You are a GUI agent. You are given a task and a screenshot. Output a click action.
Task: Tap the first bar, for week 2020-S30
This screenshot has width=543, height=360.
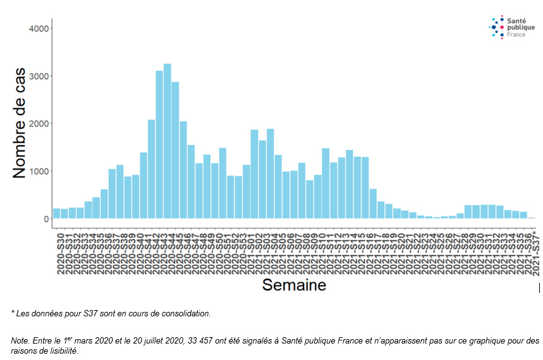point(57,213)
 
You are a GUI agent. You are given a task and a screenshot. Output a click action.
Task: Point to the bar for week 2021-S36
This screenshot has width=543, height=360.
point(523,215)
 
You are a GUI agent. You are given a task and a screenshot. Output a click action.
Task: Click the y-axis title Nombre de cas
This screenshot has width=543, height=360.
point(20,123)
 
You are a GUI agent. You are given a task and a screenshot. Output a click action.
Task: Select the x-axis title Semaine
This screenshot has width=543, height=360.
point(294,285)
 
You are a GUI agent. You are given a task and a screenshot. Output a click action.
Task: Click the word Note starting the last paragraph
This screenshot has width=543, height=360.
point(20,340)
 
